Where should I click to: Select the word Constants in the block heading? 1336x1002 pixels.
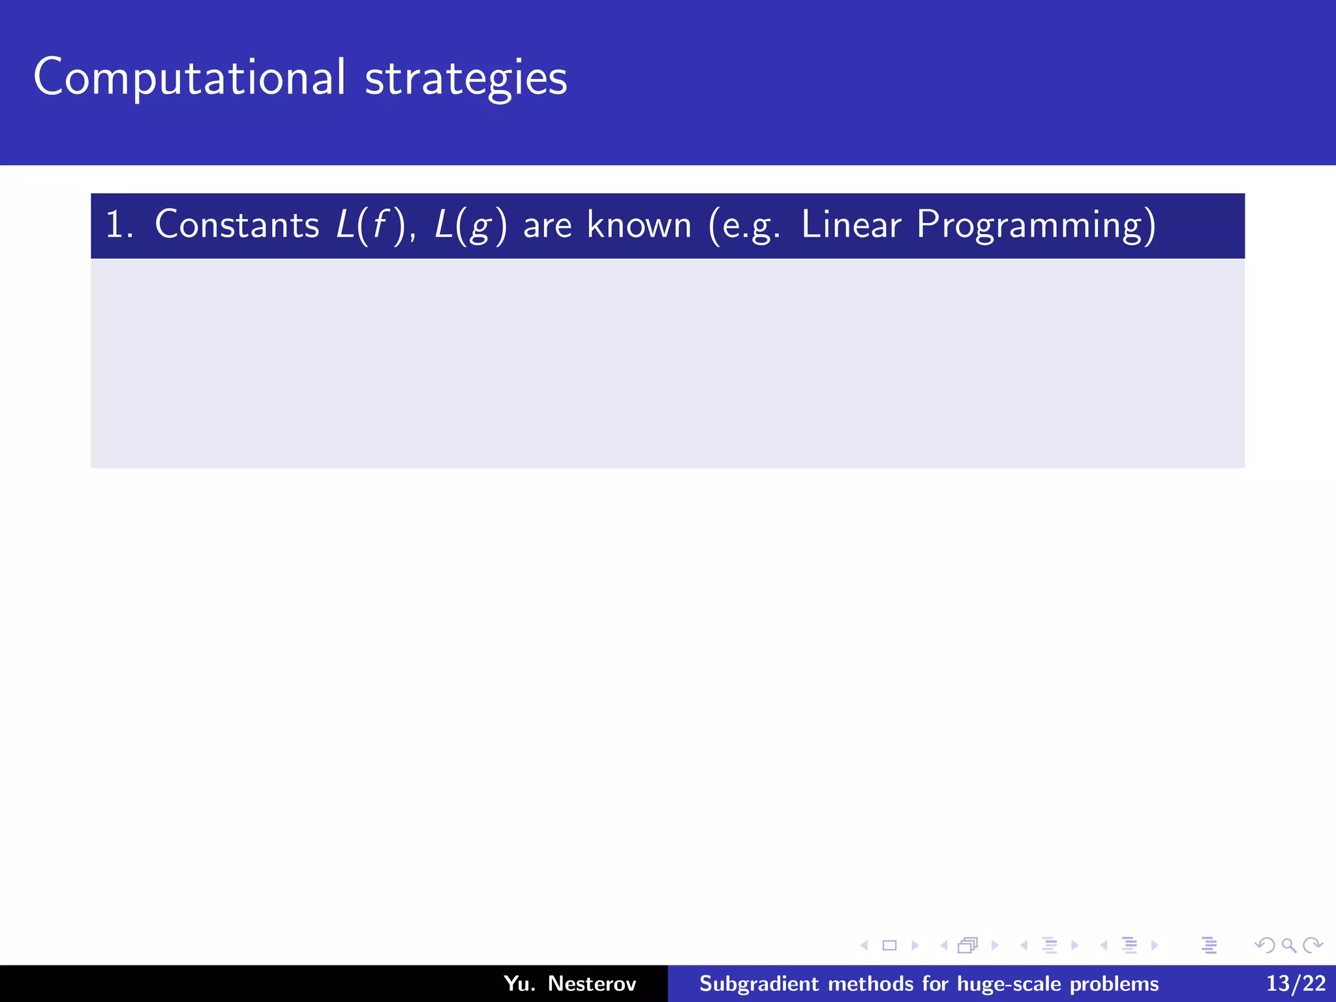[x=237, y=225]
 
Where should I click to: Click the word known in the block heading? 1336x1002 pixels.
[x=639, y=225]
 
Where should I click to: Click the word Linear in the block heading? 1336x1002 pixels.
[x=850, y=225]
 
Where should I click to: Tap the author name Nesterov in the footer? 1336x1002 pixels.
[x=592, y=983]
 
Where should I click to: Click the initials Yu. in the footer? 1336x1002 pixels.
[x=519, y=983]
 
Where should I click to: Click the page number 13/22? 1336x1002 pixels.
[x=1296, y=983]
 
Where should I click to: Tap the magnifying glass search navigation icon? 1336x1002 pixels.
[x=1288, y=945]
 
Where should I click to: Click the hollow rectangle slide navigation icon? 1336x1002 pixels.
[x=889, y=945]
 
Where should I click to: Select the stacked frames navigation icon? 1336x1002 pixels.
[x=967, y=945]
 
